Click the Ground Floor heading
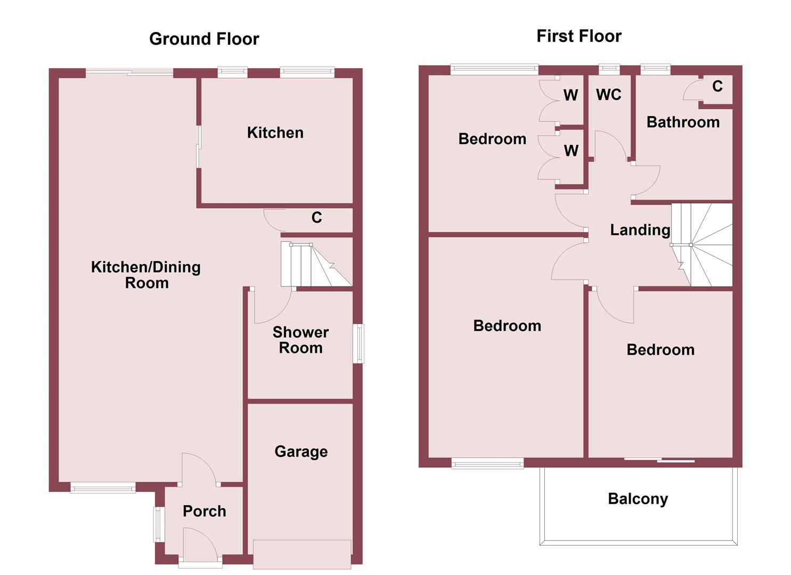pos(204,39)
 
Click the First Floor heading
pos(579,36)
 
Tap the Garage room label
pos(301,451)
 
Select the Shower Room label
pos(301,340)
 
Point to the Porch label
pos(205,511)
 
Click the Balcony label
pos(638,499)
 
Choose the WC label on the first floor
pos(609,95)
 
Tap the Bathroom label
pos(683,122)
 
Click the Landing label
pos(640,230)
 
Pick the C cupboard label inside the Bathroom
pos(717,86)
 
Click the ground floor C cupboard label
pos(316,217)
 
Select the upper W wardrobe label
pos(570,95)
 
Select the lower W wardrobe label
pos(571,151)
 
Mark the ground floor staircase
pos(316,265)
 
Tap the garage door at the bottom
pos(302,554)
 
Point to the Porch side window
pos(158,524)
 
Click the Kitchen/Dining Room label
pos(146,275)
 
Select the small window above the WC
pos(609,69)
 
